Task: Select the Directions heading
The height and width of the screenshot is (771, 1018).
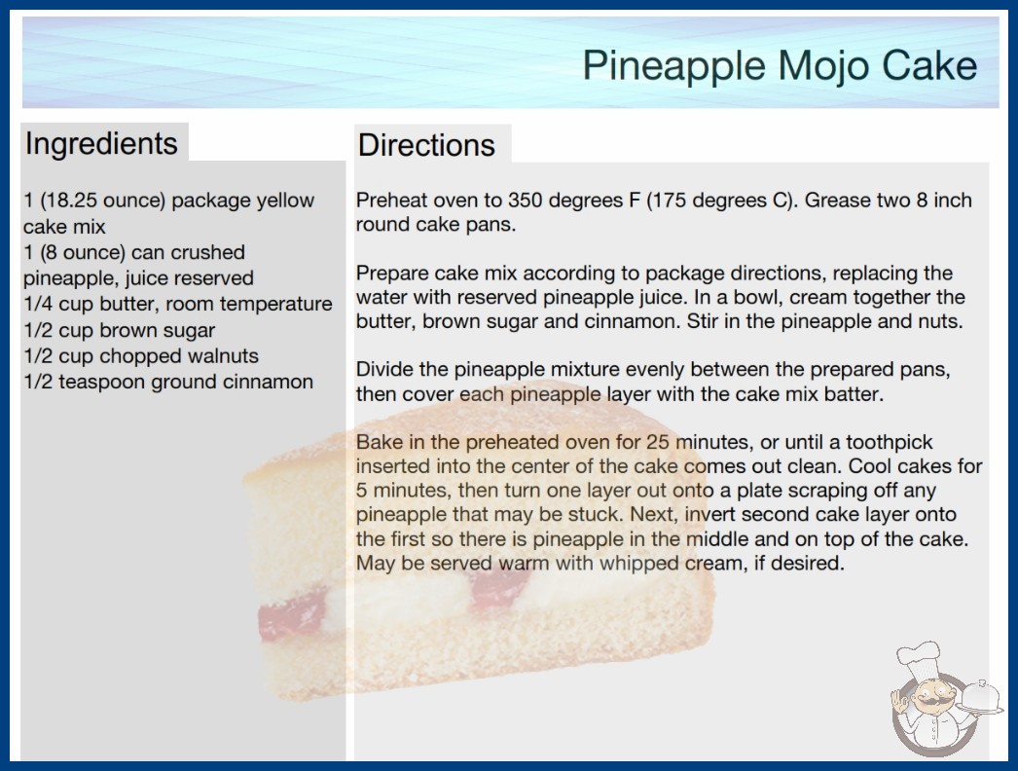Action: pos(426,145)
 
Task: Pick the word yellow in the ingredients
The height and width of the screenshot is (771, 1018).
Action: pos(285,202)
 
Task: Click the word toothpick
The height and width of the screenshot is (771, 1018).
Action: pos(889,443)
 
